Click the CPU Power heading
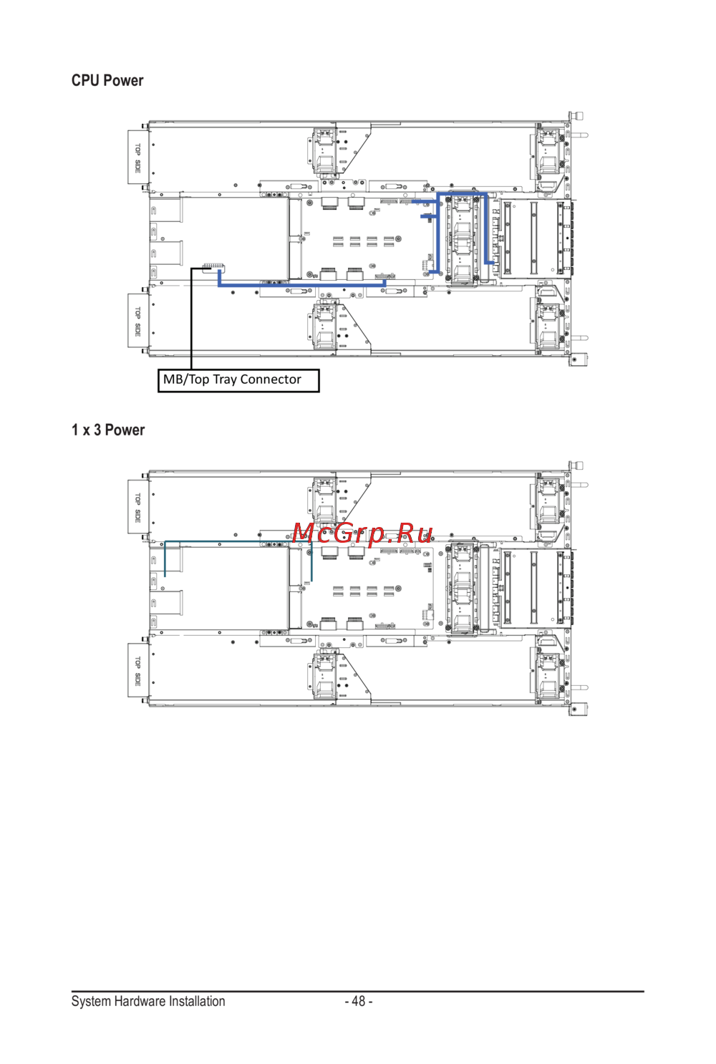tap(107, 81)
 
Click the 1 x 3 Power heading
tap(108, 430)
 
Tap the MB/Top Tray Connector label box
tap(238, 380)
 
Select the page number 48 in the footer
tap(359, 1001)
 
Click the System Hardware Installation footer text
tap(148, 1001)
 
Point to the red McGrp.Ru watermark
tap(362, 533)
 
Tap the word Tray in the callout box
tap(225, 380)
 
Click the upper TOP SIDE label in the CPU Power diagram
tap(137, 158)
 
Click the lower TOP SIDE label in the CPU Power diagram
tap(137, 321)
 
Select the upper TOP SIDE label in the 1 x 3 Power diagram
tap(137, 508)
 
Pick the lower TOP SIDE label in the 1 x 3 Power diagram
tap(137, 671)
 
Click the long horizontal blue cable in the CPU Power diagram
tap(301, 285)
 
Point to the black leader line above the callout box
tap(191, 319)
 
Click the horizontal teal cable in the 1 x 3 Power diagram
tap(238, 541)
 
